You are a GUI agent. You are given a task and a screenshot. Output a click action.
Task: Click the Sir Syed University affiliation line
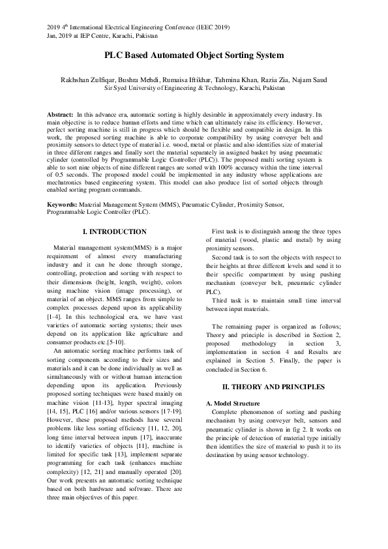[194, 87]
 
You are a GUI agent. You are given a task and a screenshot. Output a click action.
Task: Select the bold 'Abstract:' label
[60, 114]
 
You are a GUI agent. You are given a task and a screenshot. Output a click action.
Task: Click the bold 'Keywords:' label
[62, 186]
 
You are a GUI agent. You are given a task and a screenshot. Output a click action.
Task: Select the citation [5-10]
[114, 342]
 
